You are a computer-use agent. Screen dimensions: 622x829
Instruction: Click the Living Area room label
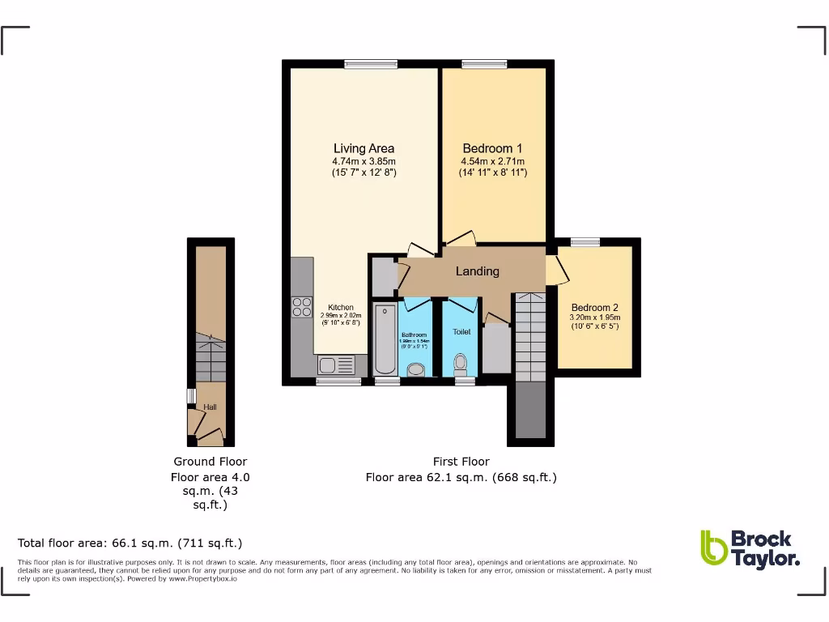(x=363, y=148)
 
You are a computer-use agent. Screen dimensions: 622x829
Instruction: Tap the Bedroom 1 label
(x=492, y=148)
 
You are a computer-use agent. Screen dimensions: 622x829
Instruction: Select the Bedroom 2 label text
(x=594, y=308)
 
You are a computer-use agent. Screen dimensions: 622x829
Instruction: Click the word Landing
(x=477, y=271)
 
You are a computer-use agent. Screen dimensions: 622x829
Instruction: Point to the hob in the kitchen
(x=302, y=307)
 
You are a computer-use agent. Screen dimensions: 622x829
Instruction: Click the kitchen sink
(x=334, y=364)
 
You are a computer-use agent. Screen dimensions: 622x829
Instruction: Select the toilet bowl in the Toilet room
(x=461, y=362)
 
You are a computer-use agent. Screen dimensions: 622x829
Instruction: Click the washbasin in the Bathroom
(x=416, y=369)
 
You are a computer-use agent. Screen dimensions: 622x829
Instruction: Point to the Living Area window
(x=370, y=63)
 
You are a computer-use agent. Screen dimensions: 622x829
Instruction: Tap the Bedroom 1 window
(x=484, y=63)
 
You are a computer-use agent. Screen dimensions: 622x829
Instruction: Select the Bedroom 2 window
(x=585, y=241)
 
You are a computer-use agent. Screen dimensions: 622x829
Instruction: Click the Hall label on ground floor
(x=210, y=407)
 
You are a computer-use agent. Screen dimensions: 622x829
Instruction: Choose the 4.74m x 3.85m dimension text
(x=363, y=161)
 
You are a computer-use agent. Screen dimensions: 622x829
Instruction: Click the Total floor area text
(x=130, y=543)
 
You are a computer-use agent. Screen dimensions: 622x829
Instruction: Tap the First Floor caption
(x=461, y=462)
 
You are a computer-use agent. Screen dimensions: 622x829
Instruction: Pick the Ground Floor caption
(x=210, y=462)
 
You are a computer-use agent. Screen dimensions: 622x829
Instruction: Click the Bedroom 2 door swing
(x=555, y=271)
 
